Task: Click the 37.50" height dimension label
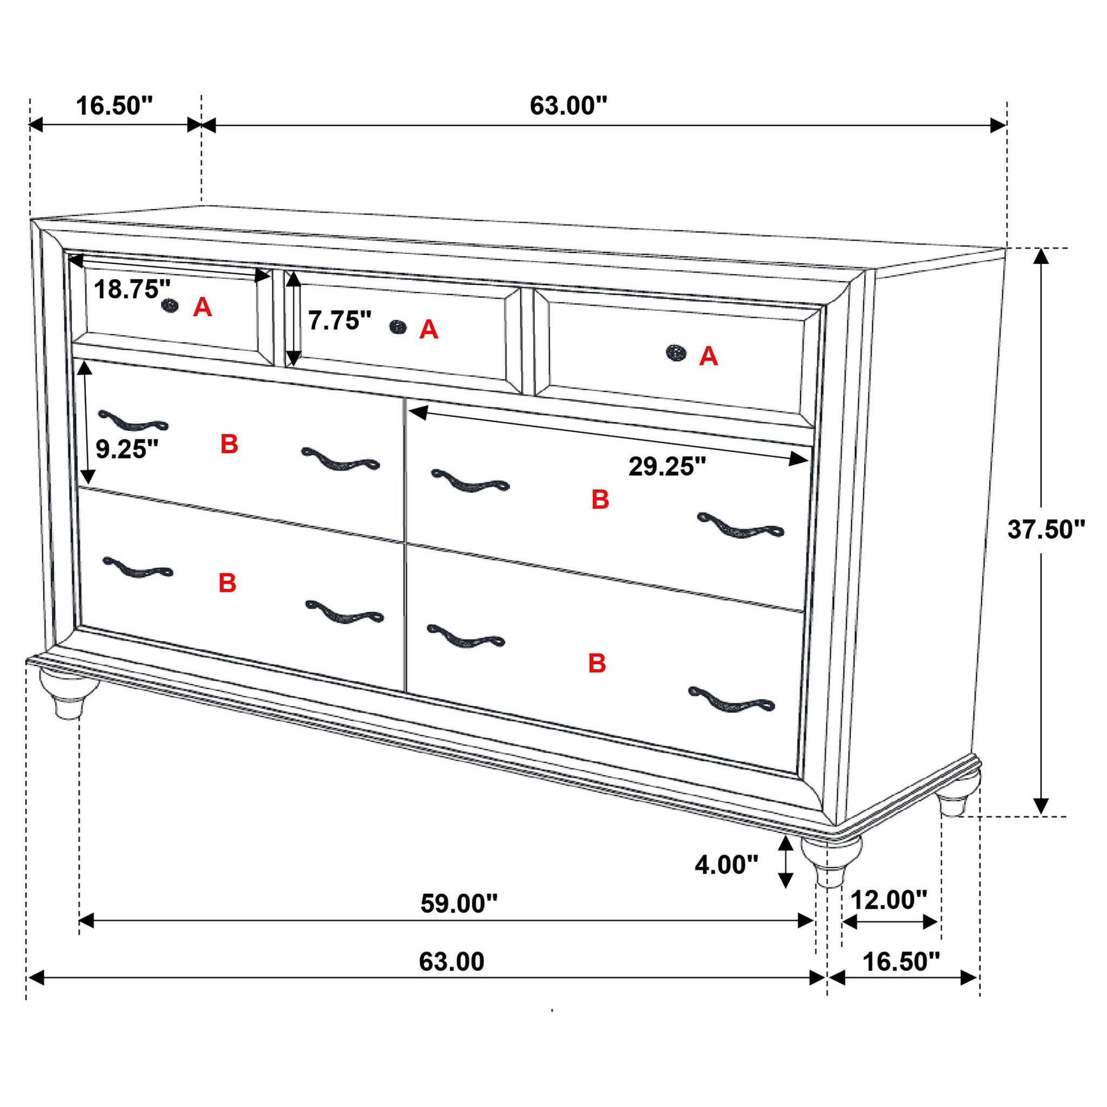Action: [1046, 530]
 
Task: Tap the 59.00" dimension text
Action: [459, 904]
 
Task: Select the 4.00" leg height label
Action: [726, 865]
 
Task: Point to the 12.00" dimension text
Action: [889, 900]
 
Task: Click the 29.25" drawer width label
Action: [667, 466]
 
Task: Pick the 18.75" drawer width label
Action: [132, 289]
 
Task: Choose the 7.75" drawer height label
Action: [340, 321]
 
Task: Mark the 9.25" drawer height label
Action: [126, 449]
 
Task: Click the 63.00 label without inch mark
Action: [451, 962]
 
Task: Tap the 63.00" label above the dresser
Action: [568, 106]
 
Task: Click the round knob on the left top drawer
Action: [169, 306]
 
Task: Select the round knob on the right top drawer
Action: [676, 352]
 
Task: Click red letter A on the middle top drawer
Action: [429, 330]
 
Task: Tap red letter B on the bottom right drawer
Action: [597, 663]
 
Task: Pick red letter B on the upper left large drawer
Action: [229, 444]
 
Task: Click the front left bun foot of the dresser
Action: [68, 695]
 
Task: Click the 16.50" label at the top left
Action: [115, 106]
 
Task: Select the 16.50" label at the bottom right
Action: [901, 962]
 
